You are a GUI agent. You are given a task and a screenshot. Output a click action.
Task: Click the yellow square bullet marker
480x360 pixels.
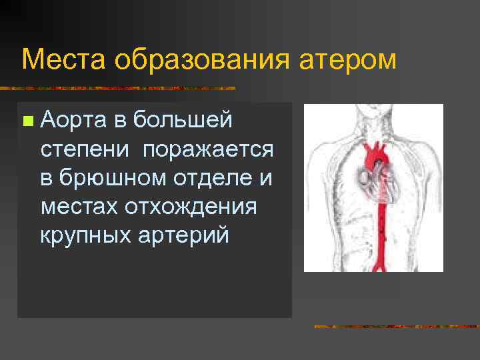point(27,121)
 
